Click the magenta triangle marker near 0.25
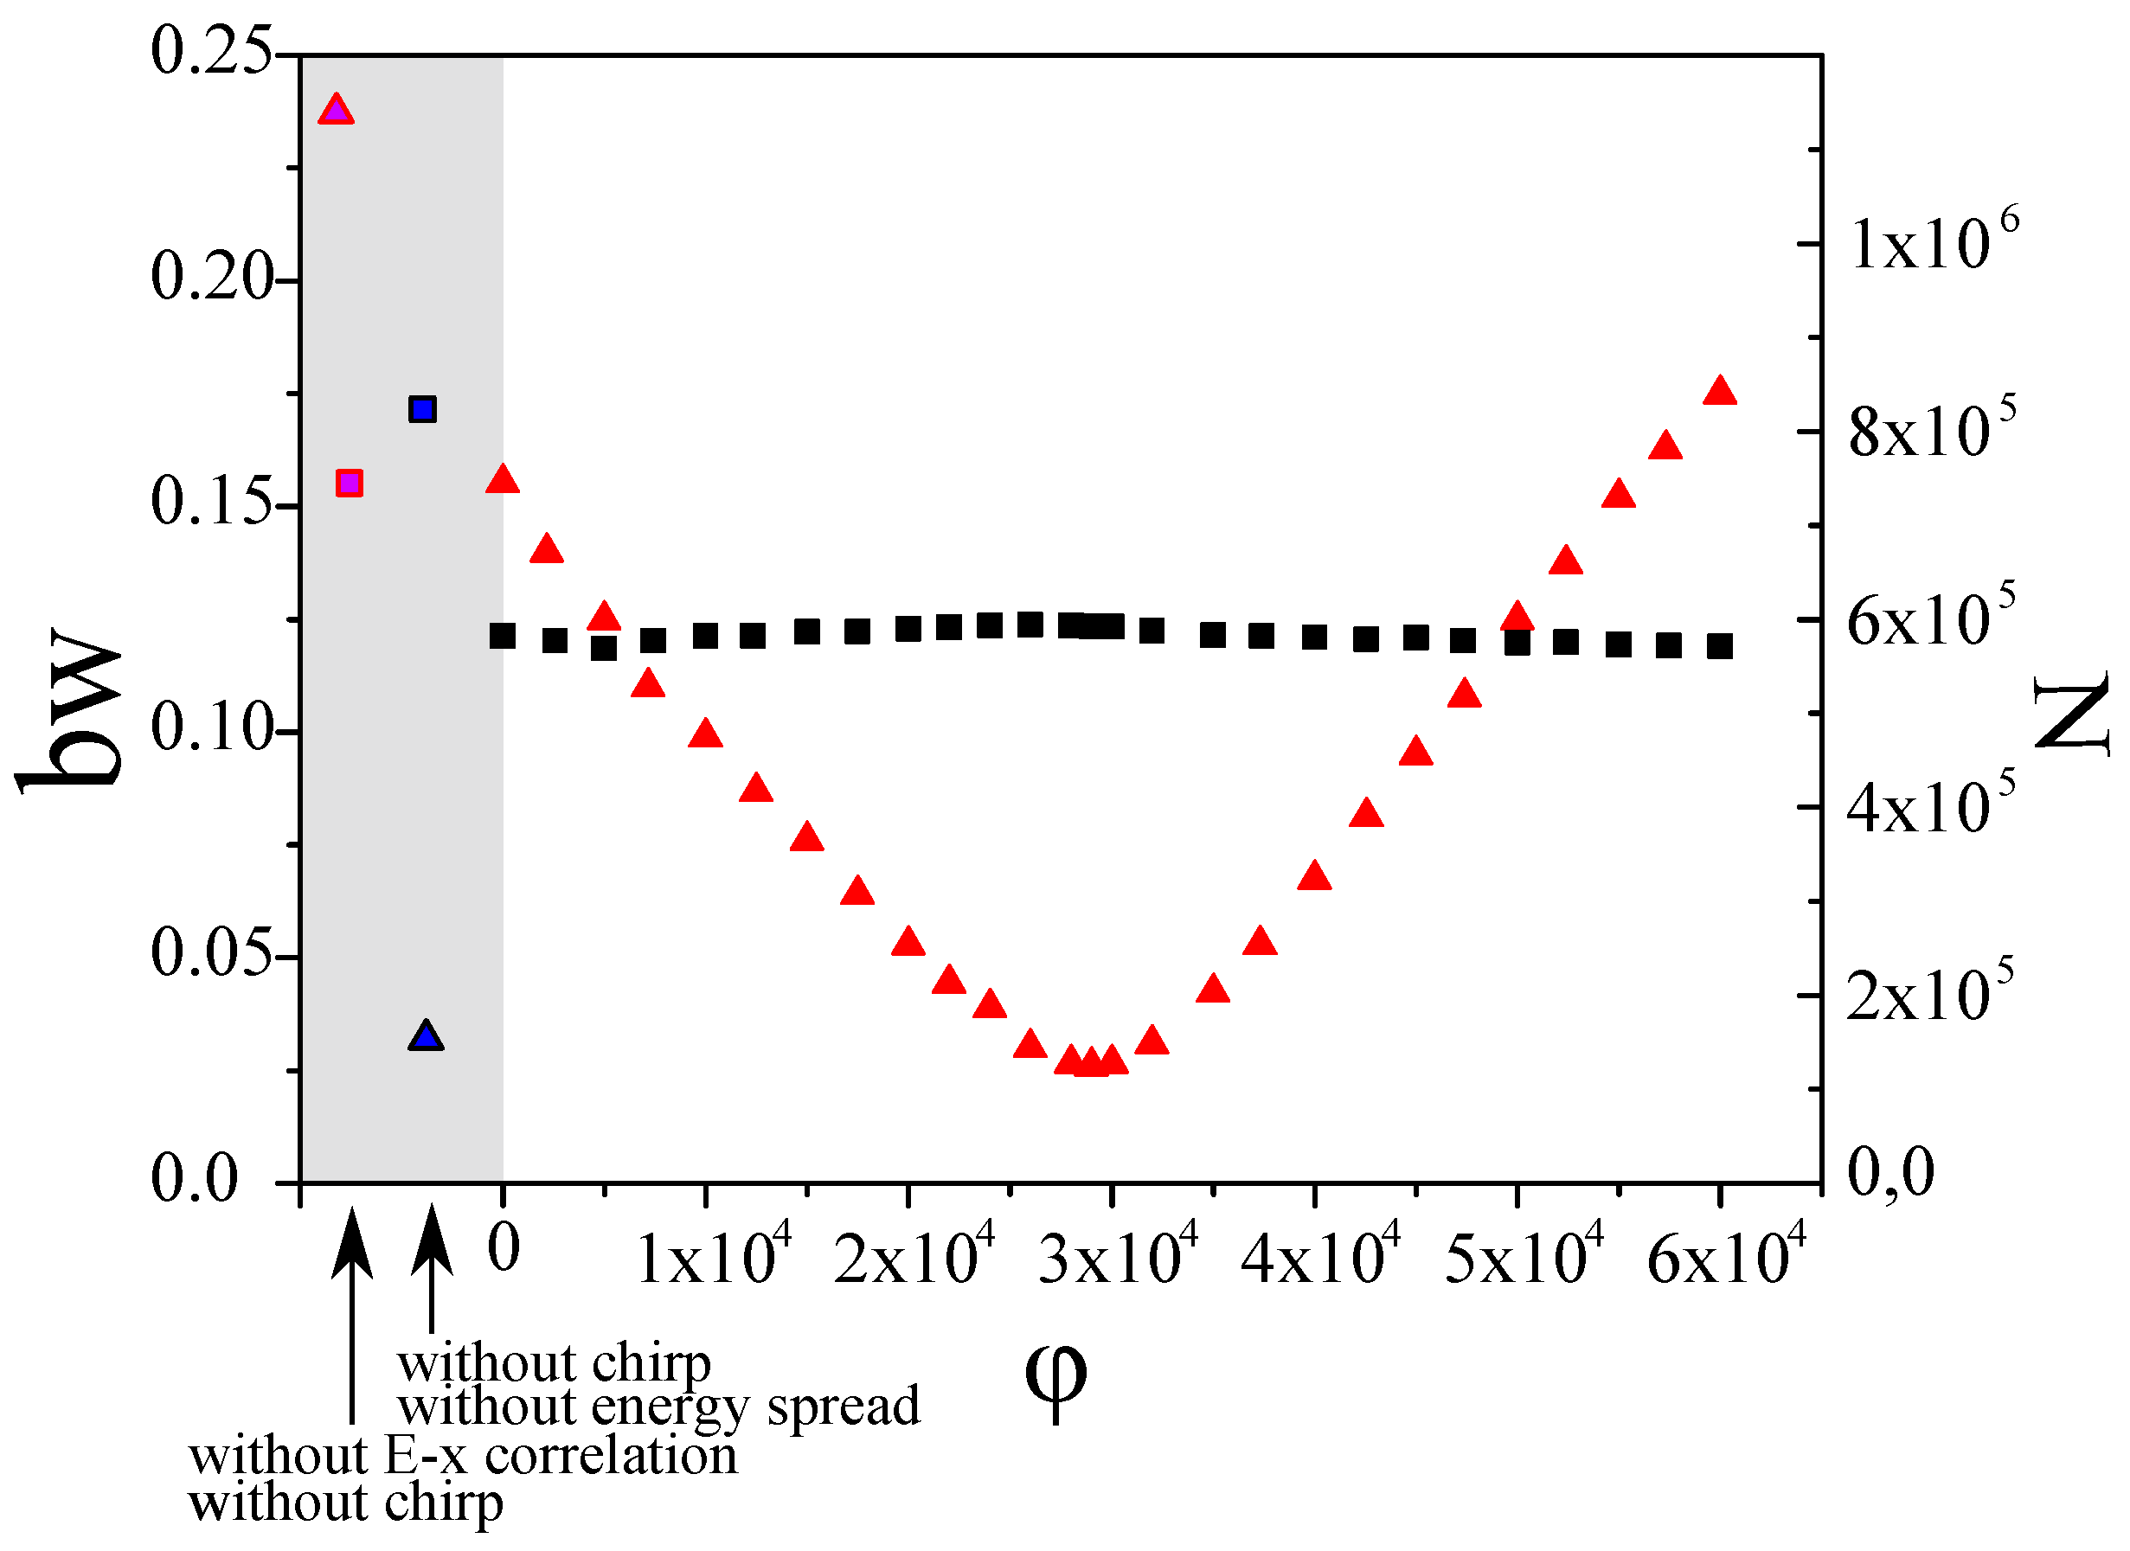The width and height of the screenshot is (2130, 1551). coord(337,112)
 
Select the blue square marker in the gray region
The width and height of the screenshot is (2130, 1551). coord(422,409)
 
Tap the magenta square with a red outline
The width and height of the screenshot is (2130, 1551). coord(350,484)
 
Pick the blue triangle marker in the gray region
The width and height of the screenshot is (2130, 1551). coord(427,1037)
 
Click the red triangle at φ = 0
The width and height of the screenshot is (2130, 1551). coord(503,480)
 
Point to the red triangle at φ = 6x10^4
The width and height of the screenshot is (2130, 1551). coord(1720,392)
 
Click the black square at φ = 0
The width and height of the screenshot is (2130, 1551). coord(503,637)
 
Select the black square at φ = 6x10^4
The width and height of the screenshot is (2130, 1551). coord(1720,646)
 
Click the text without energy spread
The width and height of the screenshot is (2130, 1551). coord(658,1407)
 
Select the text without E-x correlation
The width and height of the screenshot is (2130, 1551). coord(463,1456)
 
